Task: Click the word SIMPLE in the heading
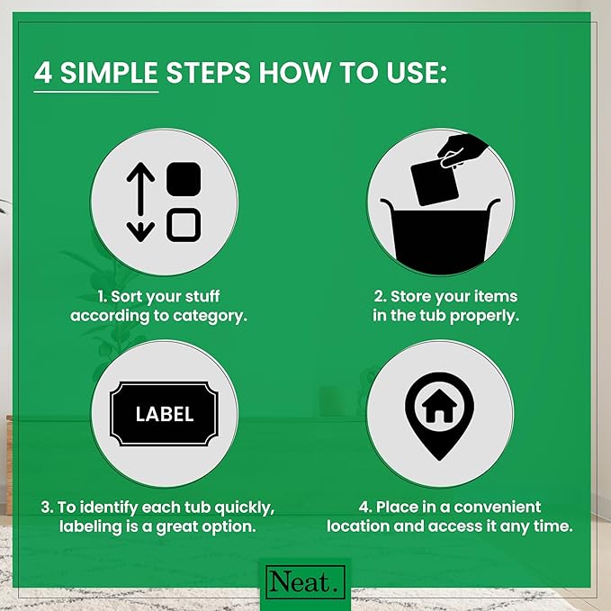pos(109,73)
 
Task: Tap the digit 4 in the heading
pos(43,73)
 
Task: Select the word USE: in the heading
pos(417,73)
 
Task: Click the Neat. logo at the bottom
pos(306,582)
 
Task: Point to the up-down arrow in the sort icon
pos(140,202)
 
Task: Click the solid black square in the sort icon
pos(184,179)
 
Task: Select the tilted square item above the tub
pos(435,182)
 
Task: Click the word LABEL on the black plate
pos(165,414)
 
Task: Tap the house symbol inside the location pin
pos(439,406)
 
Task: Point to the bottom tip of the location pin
pos(439,461)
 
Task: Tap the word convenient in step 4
pos(498,507)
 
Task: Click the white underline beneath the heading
pos(96,92)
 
